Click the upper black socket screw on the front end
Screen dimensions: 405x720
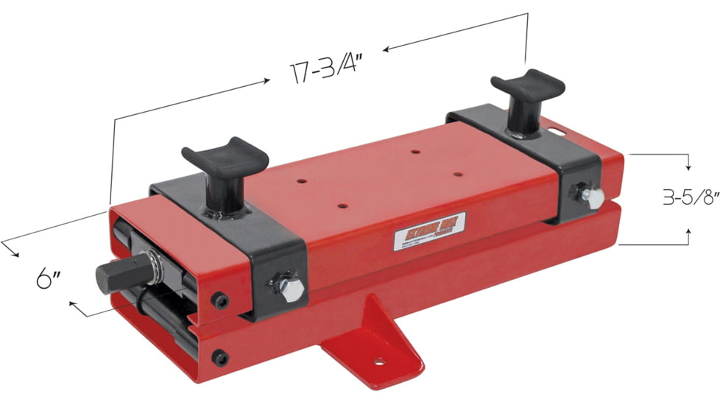coord(220,300)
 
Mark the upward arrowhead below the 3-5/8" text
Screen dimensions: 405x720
coord(687,233)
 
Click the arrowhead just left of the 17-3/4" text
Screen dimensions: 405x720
coord(267,82)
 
